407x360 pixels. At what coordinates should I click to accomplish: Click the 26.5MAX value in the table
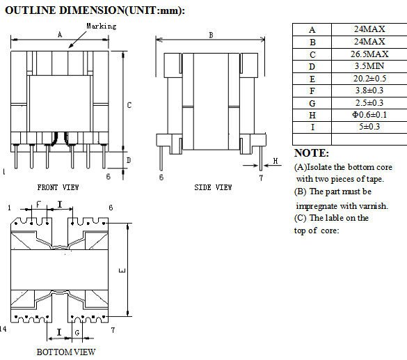point(368,54)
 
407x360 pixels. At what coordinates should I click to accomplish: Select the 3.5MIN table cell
point(368,67)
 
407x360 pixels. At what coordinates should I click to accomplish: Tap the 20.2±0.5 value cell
point(368,79)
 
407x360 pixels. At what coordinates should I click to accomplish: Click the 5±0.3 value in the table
point(368,127)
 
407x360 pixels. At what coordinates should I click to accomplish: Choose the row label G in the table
point(312,102)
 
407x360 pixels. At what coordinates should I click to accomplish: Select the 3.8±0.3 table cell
point(368,91)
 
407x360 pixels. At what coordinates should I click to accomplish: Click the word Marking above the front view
point(101,26)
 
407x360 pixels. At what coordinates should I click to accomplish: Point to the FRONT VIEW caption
point(58,187)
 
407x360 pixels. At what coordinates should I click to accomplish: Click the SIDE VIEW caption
point(213,187)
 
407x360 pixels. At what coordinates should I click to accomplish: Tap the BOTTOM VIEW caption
point(66,352)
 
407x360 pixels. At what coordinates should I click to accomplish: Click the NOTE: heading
point(312,153)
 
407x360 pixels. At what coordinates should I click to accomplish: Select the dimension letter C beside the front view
point(129,105)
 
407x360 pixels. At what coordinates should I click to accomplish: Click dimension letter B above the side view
point(211,34)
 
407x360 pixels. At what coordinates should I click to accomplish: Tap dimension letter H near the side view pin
point(275,161)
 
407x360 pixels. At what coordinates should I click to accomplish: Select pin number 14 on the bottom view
point(6,328)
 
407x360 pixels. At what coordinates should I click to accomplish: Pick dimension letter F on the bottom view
point(38,203)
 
